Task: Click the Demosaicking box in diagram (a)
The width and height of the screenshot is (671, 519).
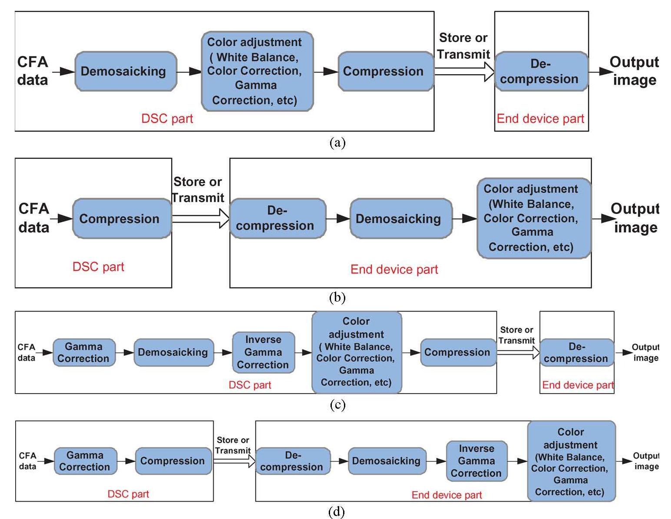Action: [x=126, y=71]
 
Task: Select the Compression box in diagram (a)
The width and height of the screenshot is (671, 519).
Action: [x=385, y=71]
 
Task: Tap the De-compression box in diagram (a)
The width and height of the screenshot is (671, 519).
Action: [x=541, y=72]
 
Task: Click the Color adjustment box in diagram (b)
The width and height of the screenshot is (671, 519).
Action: [x=534, y=218]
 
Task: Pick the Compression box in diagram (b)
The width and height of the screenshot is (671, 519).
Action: [x=122, y=219]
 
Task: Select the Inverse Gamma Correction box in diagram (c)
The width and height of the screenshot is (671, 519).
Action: [x=263, y=352]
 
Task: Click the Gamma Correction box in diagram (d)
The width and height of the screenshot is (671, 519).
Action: [x=85, y=461]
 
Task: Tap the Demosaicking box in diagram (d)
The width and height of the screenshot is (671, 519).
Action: [x=386, y=461]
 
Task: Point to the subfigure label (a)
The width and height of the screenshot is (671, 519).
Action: [x=337, y=142]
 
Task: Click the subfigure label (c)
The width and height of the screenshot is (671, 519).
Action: [x=337, y=405]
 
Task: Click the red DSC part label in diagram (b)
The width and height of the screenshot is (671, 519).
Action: [x=98, y=266]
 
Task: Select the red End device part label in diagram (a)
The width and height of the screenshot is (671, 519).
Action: [x=540, y=118]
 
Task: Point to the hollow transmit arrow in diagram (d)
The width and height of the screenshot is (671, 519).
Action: [x=234, y=461]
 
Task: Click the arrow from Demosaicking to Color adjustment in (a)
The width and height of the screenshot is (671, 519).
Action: [x=189, y=71]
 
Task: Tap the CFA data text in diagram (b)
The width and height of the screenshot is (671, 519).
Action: [x=33, y=218]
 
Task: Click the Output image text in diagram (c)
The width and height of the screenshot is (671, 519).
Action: [x=645, y=352]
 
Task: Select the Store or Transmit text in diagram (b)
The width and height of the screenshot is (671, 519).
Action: [x=198, y=190]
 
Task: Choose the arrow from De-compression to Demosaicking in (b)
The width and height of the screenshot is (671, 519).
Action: [x=337, y=219]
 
